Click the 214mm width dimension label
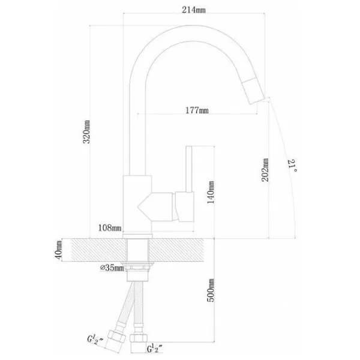[x=194, y=10]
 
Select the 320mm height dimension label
[x=86, y=132]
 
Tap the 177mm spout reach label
[x=197, y=110]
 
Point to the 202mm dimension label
[x=265, y=170]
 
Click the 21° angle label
[x=292, y=166]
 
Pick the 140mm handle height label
[x=211, y=192]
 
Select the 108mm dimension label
[x=110, y=228]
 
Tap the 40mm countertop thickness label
[x=58, y=250]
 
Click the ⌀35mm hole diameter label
[x=112, y=268]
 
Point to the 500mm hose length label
[x=211, y=290]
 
